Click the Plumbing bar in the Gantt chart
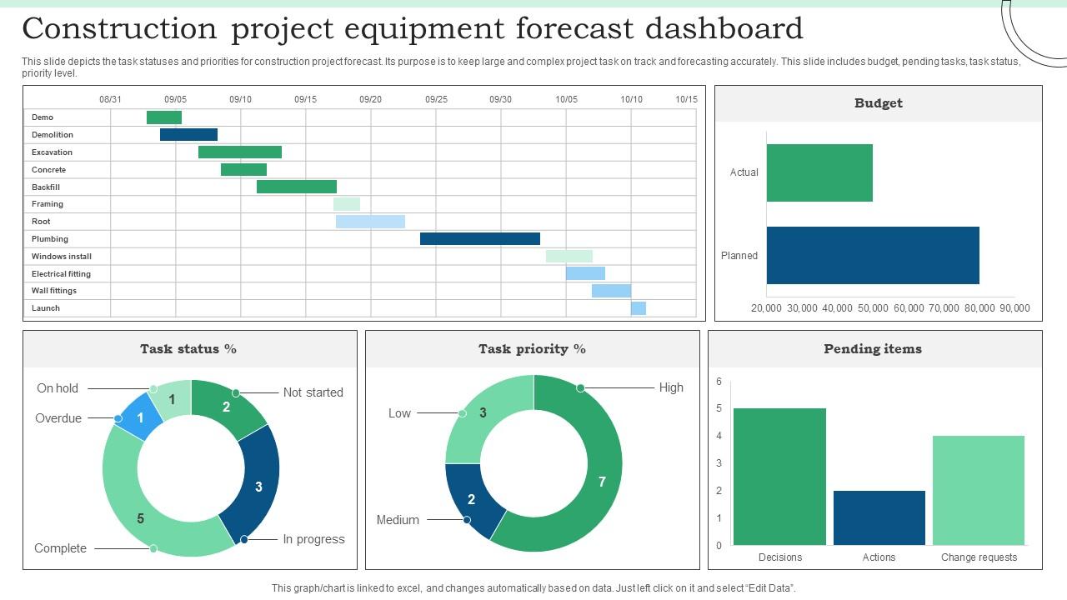(479, 239)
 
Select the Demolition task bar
(188, 135)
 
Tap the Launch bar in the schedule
(639, 308)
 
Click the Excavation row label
(52, 152)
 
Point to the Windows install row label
(62, 257)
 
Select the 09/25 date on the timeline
(436, 99)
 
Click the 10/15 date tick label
(686, 99)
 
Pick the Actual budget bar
(819, 172)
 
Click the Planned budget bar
(873, 255)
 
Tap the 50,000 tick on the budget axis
(873, 308)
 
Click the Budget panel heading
(878, 103)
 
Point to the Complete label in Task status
(60, 548)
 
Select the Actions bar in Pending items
(879, 517)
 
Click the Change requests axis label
(979, 557)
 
